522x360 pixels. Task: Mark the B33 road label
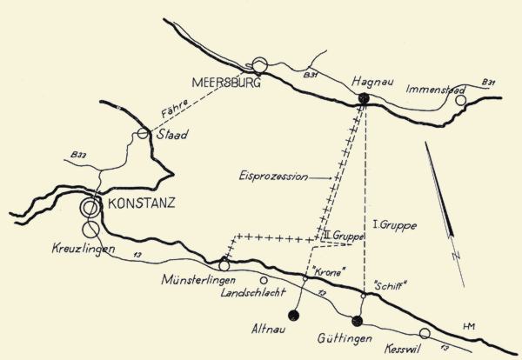tap(76, 157)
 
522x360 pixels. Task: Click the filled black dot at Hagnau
tap(365, 99)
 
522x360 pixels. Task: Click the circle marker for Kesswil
tap(425, 333)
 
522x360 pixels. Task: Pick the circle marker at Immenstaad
tap(461, 100)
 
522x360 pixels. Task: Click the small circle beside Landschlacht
tap(264, 280)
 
